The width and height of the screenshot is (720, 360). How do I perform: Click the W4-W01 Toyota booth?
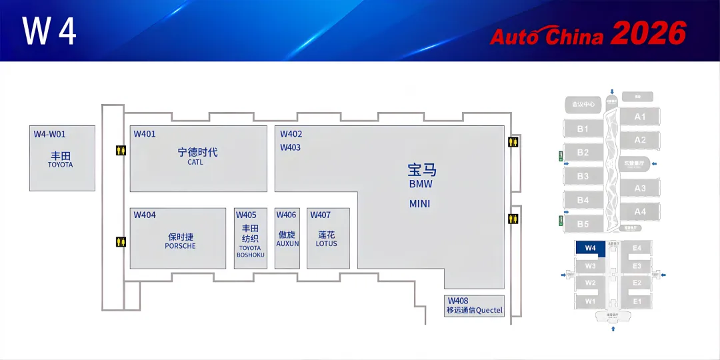[x=61, y=158]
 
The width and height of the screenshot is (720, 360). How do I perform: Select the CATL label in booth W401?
[x=195, y=162]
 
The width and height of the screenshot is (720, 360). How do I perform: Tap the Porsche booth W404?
[x=178, y=238]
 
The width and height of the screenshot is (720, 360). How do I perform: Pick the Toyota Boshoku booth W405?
[x=250, y=238]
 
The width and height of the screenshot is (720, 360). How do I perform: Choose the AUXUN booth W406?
[x=287, y=238]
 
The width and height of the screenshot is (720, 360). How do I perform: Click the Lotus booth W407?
[x=328, y=238]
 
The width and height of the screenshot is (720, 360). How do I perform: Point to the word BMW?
[x=421, y=184]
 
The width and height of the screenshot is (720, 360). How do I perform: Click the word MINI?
[x=420, y=204]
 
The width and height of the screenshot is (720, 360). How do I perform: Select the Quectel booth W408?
[x=474, y=306]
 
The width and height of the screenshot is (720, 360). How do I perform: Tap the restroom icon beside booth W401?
[x=121, y=151]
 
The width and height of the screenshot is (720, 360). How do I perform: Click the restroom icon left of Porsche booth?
[x=121, y=241]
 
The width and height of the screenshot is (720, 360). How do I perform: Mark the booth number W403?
[x=290, y=147]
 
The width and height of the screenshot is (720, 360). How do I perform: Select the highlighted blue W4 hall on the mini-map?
[x=589, y=248]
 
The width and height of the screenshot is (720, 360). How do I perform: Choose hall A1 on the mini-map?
[x=640, y=117]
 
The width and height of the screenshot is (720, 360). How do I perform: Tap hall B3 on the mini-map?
[x=583, y=176]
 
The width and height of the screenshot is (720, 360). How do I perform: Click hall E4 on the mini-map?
[x=637, y=248]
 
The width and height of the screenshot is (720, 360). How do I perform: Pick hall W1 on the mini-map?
[x=590, y=301]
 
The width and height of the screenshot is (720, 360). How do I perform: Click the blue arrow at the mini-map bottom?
[x=613, y=328]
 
